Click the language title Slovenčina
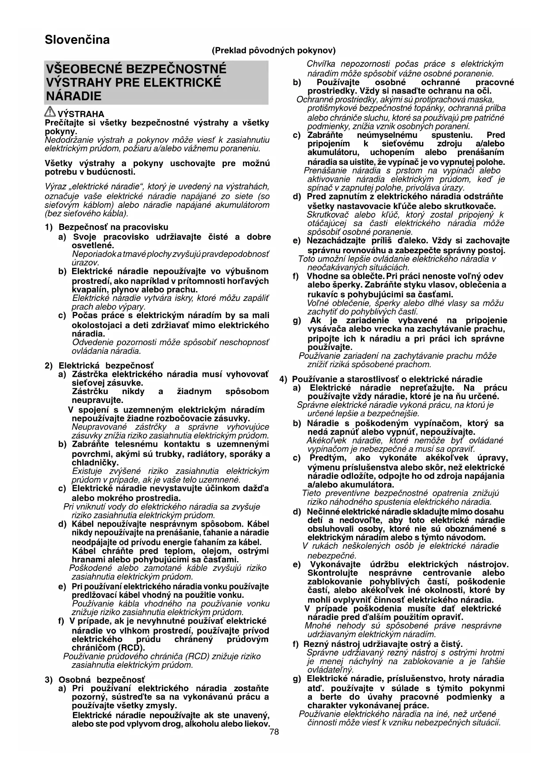point(77,40)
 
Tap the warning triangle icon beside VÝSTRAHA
point(50,113)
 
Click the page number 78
point(274,732)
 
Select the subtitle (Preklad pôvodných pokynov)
point(274,50)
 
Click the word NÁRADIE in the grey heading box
point(73,96)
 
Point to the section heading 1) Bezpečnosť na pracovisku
point(106,227)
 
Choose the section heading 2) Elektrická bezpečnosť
point(99,365)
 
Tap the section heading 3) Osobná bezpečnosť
point(95,680)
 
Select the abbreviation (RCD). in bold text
point(133,648)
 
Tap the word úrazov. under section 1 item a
point(85,262)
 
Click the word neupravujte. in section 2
point(97,400)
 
